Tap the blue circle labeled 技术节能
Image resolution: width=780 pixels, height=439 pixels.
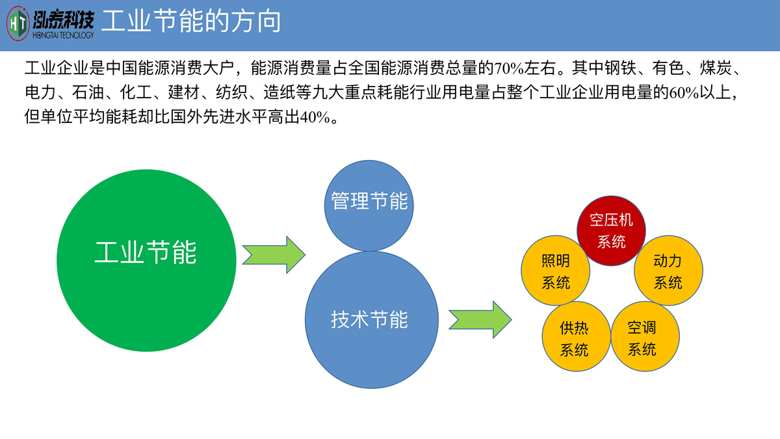tap(369, 319)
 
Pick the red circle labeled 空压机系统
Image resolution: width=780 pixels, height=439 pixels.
tap(611, 230)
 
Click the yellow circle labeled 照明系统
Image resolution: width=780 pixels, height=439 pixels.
tap(556, 271)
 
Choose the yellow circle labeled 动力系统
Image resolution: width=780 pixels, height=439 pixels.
tap(668, 271)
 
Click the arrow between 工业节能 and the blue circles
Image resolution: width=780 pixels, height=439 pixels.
tap(273, 254)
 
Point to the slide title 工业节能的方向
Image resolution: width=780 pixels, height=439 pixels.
tap(192, 21)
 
